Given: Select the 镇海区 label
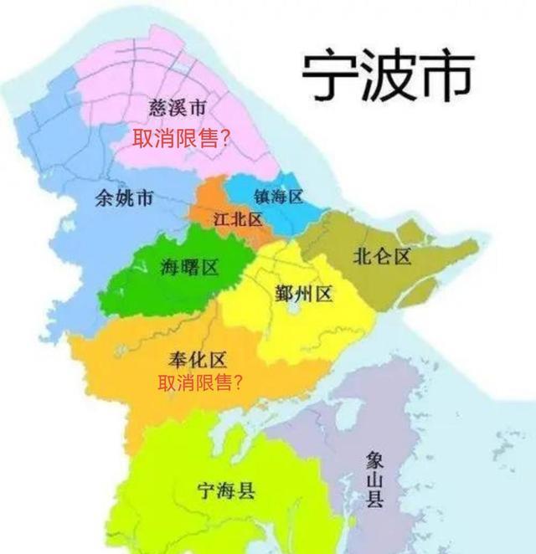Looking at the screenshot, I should [277, 196].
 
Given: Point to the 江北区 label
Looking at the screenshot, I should [238, 220].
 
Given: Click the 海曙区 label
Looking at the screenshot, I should [190, 268].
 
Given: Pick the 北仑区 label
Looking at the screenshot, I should [383, 256].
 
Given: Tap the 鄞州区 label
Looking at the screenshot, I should [304, 294].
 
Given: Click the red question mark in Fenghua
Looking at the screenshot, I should [240, 384].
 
